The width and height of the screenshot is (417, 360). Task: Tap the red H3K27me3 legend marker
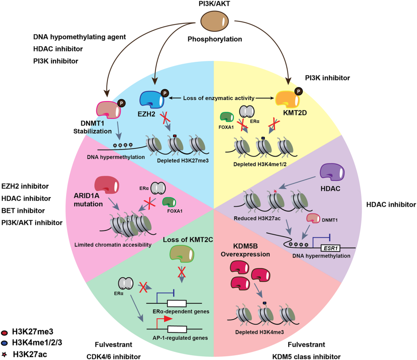(x=4, y=332)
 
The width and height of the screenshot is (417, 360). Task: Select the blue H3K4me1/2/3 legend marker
(x=4, y=342)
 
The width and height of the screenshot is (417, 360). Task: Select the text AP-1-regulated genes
(x=180, y=338)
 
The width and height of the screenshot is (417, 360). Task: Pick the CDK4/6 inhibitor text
(x=113, y=356)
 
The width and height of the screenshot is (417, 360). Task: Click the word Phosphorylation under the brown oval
(x=215, y=39)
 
